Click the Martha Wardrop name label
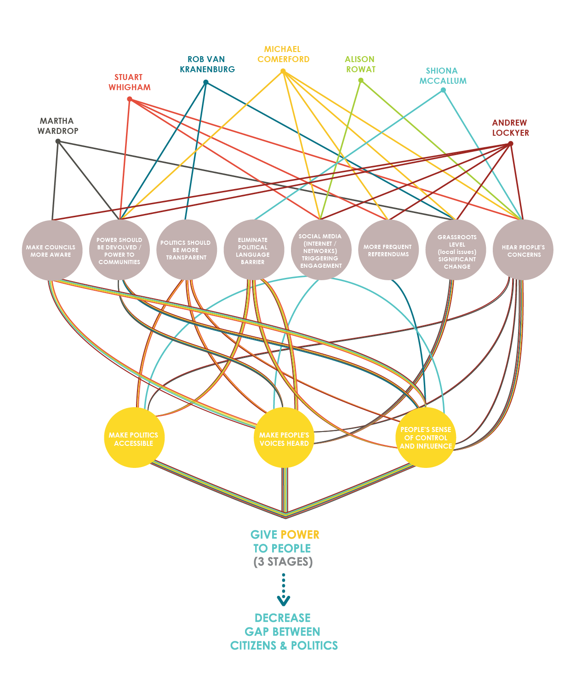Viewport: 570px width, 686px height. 58,126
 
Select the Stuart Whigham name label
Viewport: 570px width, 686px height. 129,82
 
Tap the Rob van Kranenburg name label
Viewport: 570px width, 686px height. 207,64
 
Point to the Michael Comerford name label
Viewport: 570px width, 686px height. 283,54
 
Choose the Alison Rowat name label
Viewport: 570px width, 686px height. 360,64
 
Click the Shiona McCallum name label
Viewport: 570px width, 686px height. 442,76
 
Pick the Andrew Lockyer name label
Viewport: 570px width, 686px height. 510,128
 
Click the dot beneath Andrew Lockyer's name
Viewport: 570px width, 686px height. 510,144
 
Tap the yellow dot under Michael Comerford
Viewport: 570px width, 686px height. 283,71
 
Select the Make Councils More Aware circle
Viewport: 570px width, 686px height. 51,250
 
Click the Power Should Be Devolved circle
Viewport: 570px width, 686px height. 119,250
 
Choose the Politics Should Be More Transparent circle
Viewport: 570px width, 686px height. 186,250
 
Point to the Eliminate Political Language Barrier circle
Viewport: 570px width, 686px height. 253,250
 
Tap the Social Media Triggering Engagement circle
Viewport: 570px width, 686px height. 321,250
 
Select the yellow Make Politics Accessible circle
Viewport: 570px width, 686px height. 134,438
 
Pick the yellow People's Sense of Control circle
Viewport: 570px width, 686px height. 426,438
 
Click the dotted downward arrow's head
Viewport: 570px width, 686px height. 284,600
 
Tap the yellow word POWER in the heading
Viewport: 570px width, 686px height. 300,535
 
